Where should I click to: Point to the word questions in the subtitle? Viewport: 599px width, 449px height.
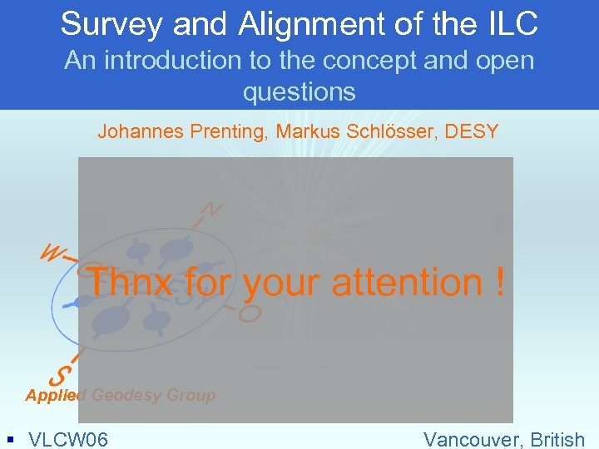[x=299, y=91]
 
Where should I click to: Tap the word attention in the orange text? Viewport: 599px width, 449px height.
[x=406, y=283]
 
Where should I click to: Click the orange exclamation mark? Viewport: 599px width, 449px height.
[x=498, y=283]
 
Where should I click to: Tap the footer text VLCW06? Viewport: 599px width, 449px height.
[x=68, y=438]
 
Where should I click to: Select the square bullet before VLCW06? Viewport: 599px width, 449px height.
[x=9, y=437]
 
